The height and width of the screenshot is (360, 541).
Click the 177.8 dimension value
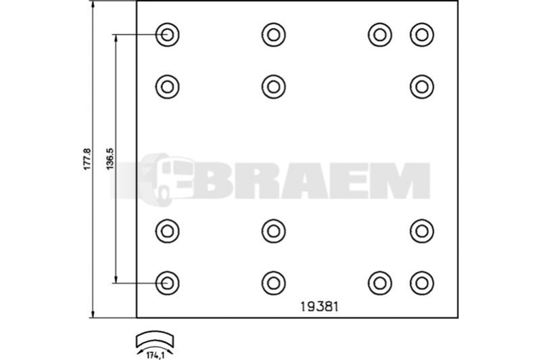(x=87, y=159)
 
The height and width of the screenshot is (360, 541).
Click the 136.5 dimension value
(x=110, y=159)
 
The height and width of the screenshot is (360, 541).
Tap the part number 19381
(x=319, y=307)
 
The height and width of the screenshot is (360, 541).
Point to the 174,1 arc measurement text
(x=155, y=355)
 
